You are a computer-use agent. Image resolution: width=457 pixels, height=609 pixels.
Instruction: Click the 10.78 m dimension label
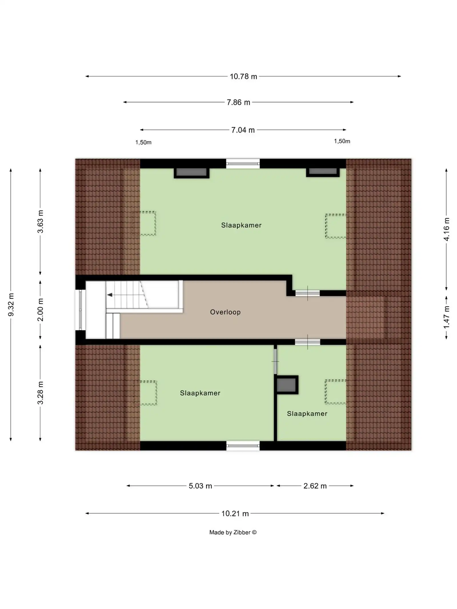(243, 77)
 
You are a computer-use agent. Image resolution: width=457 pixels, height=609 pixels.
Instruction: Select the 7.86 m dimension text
(238, 102)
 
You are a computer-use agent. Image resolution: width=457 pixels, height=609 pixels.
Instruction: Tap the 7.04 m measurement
(243, 130)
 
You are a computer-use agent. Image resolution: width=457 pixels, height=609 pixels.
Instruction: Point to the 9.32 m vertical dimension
(11, 305)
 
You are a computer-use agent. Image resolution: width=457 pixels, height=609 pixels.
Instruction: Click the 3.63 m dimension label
(40, 222)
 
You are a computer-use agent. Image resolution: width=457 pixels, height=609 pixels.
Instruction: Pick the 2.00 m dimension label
(40, 310)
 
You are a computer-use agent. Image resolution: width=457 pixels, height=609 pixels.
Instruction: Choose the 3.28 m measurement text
(40, 393)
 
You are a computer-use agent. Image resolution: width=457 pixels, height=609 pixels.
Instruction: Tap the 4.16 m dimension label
(446, 229)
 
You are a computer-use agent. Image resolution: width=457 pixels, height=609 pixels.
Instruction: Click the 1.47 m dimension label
(446, 317)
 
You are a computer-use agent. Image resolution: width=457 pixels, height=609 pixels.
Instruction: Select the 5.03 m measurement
(200, 486)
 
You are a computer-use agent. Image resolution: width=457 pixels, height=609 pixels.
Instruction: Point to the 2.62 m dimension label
(315, 486)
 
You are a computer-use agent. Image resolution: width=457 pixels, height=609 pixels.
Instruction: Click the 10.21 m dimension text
(235, 514)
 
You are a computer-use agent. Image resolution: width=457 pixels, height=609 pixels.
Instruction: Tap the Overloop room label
(225, 312)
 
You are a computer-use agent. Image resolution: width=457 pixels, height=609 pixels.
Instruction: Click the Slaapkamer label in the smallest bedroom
(307, 413)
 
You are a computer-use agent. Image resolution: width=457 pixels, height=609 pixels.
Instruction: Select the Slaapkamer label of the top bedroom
(241, 225)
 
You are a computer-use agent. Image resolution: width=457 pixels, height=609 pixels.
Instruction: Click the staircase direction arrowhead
(109, 295)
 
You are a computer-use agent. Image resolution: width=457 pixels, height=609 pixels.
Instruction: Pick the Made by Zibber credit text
(233, 532)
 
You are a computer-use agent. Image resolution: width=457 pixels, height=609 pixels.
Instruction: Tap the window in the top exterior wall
(243, 164)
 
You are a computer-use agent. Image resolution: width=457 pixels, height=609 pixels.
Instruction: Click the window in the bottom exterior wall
(243, 446)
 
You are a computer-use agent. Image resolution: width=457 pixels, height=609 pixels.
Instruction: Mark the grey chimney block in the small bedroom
(286, 385)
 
